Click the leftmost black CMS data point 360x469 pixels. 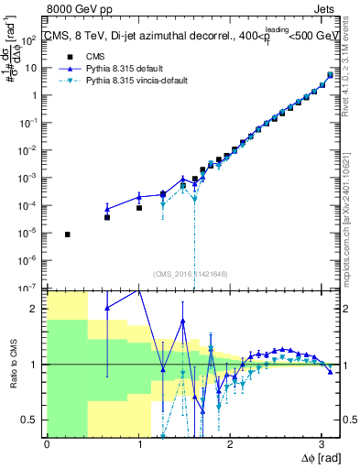tap(68, 234)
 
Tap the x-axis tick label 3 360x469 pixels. tap(322, 442)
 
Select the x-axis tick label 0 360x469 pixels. tap(47, 442)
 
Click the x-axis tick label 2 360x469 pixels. tap(230, 442)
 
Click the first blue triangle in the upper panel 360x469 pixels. tap(107, 210)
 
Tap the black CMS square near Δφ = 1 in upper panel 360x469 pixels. tap(139, 208)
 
